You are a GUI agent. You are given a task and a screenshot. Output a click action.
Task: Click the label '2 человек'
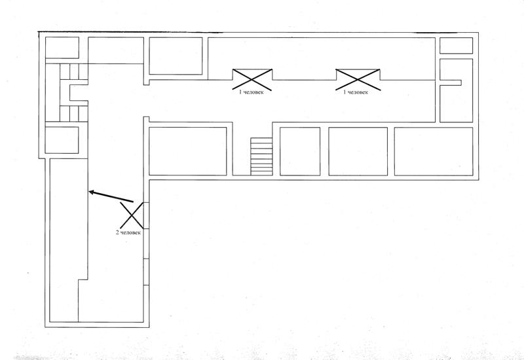[128, 232]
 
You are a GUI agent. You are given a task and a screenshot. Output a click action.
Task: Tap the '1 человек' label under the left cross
[252, 92]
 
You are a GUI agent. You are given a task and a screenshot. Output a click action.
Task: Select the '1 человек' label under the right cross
[356, 92]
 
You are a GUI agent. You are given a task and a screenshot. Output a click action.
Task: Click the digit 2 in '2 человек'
[117, 232]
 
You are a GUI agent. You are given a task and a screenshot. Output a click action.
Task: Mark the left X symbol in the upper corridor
[252, 79]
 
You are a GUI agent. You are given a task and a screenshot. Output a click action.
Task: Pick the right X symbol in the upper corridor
[358, 79]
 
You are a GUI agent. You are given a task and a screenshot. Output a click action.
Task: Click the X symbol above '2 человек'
[132, 215]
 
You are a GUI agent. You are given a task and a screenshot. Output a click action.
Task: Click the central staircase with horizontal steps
[261, 156]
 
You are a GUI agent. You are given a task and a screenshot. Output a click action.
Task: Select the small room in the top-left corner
[62, 47]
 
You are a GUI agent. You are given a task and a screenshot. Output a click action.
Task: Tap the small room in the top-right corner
[456, 45]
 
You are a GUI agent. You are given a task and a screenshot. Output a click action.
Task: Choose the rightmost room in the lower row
[434, 151]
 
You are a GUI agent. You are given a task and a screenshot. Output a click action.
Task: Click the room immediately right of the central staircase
[300, 151]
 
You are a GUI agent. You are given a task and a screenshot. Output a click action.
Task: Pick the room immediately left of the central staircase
[188, 151]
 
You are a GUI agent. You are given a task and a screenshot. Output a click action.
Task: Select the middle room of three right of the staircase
[358, 151]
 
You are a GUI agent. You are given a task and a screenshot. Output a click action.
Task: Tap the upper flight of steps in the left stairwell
[74, 72]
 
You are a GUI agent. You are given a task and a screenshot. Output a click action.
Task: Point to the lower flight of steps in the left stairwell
[74, 114]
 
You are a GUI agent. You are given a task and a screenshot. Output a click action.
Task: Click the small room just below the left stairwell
[62, 140]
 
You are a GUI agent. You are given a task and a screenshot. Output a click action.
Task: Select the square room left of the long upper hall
[176, 56]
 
